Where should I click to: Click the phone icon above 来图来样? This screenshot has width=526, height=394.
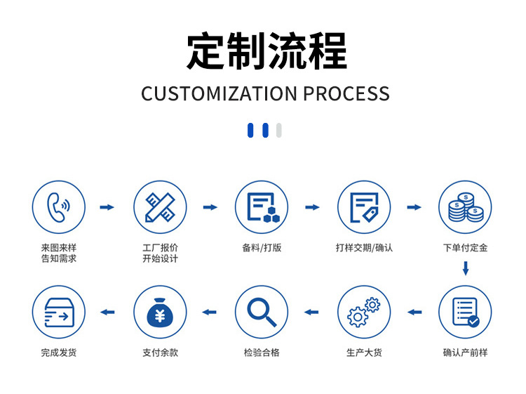59,207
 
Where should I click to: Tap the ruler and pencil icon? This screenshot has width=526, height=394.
160,207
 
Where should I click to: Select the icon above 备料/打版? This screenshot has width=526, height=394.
262,207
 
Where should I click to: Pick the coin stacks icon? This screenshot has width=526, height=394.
465,207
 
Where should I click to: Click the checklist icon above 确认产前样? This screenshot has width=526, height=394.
465,312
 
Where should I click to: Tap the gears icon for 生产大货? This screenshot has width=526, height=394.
364,312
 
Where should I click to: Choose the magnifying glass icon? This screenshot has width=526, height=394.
262,312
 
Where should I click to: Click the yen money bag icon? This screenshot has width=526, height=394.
160,312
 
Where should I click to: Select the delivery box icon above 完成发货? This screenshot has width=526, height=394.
59,312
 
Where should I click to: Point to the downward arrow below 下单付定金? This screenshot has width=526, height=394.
465,268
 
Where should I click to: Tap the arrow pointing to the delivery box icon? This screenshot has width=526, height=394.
107,312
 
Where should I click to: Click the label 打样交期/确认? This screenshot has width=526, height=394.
364,248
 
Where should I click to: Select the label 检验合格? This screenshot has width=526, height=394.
262,353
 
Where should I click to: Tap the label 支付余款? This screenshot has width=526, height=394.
160,353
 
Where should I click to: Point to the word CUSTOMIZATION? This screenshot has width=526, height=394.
220,93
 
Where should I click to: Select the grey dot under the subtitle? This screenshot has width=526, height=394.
279,130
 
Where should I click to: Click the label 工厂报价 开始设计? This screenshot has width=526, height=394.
160,253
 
